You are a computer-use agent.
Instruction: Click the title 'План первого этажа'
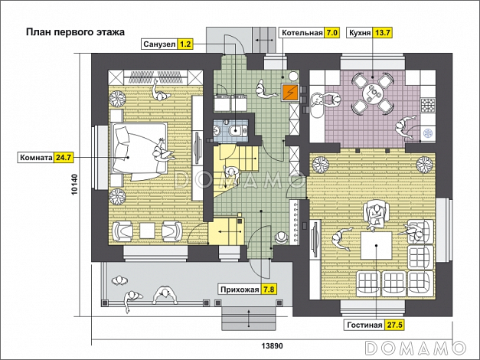75,32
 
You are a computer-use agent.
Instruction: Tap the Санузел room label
159,44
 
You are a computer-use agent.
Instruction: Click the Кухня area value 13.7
382,32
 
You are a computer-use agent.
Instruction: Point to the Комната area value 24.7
64,158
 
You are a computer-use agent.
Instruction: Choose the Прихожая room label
240,290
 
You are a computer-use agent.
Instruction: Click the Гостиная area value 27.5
394,325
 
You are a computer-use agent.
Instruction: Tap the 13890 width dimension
272,346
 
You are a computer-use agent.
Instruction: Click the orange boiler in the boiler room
290,92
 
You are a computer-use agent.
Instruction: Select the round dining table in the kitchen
372,93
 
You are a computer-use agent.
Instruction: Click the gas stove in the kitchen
428,105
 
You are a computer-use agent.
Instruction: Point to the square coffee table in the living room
376,246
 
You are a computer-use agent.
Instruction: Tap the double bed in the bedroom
139,149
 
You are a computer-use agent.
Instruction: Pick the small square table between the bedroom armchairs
147,231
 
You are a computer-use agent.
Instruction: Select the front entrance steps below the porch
249,319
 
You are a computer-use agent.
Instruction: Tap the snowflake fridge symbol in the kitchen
427,133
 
